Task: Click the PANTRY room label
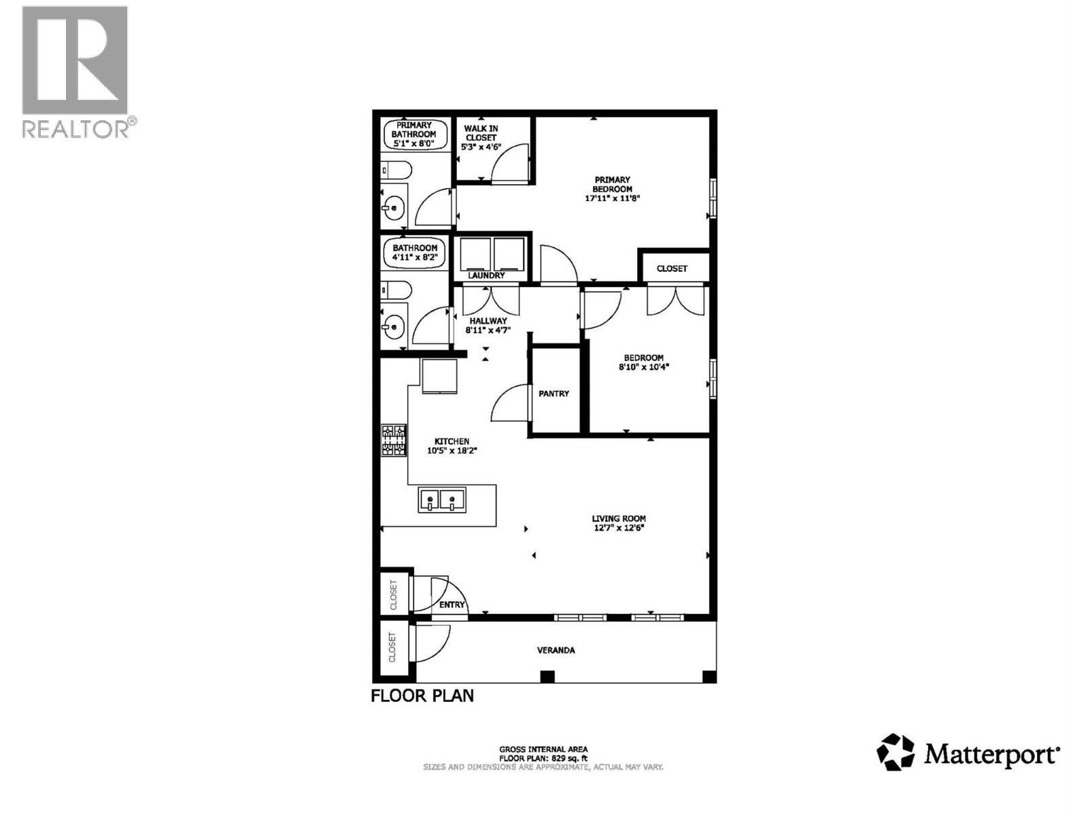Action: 554,394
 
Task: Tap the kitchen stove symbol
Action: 394,440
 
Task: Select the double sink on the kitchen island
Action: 442,500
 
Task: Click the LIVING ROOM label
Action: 618,518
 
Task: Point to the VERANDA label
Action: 556,650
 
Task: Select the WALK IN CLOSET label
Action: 481,133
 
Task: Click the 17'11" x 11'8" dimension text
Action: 613,199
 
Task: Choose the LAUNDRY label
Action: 487,275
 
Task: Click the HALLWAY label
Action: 488,321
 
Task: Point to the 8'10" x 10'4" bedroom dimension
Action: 643,367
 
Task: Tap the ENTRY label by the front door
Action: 452,605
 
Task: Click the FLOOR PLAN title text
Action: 422,696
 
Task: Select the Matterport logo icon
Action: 896,752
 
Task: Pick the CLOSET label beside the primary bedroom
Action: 672,269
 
